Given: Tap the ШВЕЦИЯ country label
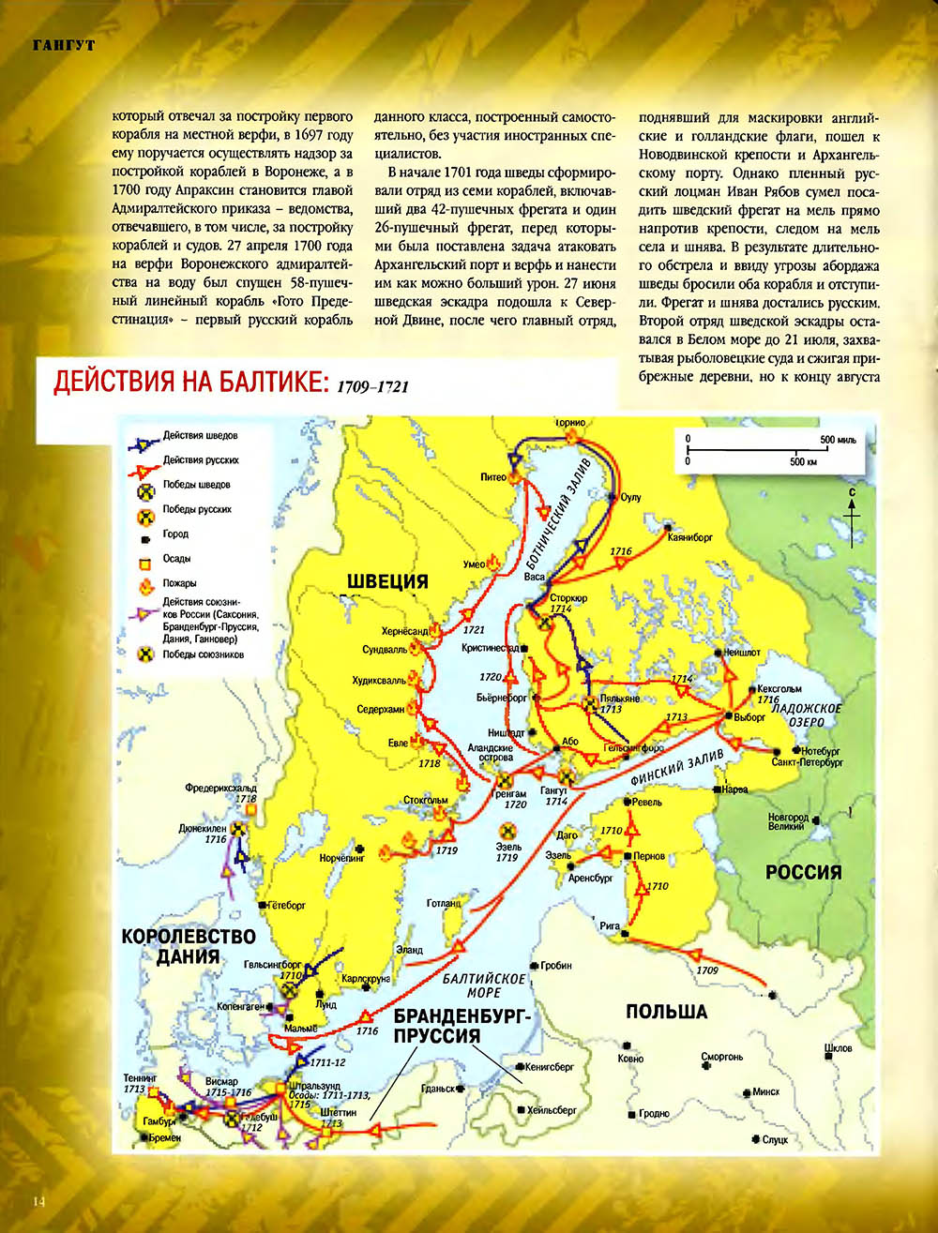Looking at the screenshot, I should coord(387,581).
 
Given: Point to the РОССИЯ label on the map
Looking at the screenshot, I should coord(803,872).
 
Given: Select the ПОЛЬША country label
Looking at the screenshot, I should coord(666,1013).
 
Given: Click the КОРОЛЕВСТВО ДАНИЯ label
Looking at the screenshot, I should coord(189,947).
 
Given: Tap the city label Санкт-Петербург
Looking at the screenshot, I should coord(808,763).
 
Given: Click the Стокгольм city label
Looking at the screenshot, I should coord(425,801).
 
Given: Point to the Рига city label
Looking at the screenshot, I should coord(610,926).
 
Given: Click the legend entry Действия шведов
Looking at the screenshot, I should coord(200,436).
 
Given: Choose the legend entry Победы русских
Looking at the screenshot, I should coord(197,509).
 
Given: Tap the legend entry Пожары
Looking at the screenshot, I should coord(179,583).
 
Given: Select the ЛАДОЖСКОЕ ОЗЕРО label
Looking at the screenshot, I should coord(806,715).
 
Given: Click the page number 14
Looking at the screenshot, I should coord(38,1201).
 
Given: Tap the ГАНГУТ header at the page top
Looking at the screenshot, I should coord(63,46).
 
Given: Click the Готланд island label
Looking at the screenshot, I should coord(444,904).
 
